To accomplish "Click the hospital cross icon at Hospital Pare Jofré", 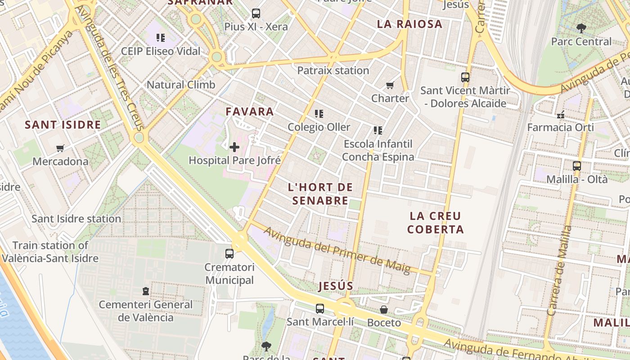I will (x=234, y=147).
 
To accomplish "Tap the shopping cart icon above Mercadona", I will (x=60, y=148).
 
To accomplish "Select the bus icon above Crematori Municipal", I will (x=229, y=253).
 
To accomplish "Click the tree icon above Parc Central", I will (x=581, y=28).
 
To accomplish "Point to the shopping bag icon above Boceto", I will (x=384, y=310).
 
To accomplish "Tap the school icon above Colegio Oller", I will (x=319, y=114).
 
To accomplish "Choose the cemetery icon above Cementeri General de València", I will (x=146, y=291).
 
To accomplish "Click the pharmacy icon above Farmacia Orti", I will (x=560, y=114).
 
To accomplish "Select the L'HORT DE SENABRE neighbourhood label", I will (x=320, y=193).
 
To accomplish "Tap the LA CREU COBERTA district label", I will (x=435, y=223).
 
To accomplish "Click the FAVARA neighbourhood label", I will (x=250, y=112).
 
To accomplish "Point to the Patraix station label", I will (x=333, y=71).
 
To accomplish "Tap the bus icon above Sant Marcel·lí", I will (x=319, y=309).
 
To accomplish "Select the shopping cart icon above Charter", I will (x=390, y=85).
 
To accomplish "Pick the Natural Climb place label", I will (x=181, y=85).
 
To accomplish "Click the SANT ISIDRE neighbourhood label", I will (x=63, y=125).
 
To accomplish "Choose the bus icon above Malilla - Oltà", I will (x=577, y=166).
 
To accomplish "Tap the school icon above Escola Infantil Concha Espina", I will (x=378, y=130).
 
